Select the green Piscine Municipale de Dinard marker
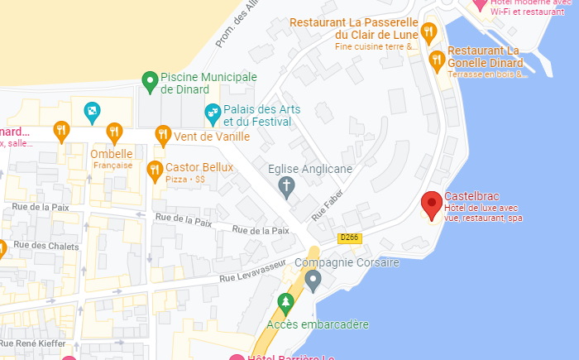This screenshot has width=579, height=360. (150, 81)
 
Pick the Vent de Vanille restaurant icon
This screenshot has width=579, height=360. (163, 133)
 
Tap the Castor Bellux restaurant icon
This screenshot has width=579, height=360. (154, 170)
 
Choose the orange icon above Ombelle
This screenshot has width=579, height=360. (114, 132)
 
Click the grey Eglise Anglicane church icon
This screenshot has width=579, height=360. (287, 186)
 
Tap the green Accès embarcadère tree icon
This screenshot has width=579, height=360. (285, 303)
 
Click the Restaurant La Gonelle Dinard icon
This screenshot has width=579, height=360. (437, 59)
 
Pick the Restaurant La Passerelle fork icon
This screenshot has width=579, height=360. (428, 32)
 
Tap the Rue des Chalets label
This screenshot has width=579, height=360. (46, 246)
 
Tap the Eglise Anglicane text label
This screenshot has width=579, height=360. (310, 169)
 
